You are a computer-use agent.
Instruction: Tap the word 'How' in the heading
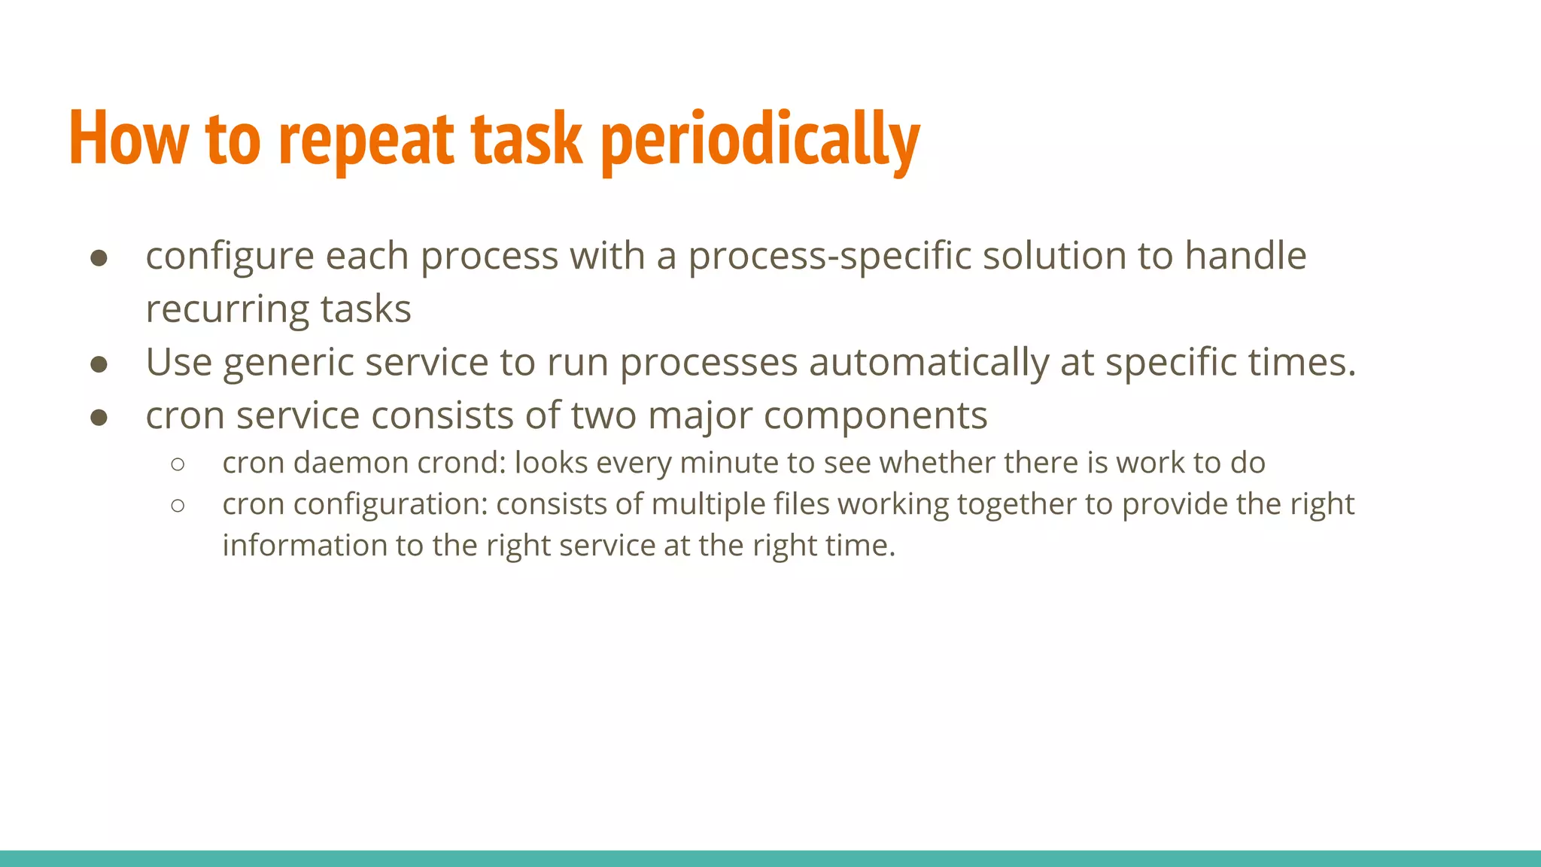[129, 139]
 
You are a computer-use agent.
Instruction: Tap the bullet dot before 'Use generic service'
[99, 365]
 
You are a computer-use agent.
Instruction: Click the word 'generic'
[288, 364]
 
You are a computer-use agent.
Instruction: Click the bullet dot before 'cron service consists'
[99, 418]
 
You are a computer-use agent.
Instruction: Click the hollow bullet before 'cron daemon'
[178, 464]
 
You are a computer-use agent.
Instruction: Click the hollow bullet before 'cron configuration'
[178, 506]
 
